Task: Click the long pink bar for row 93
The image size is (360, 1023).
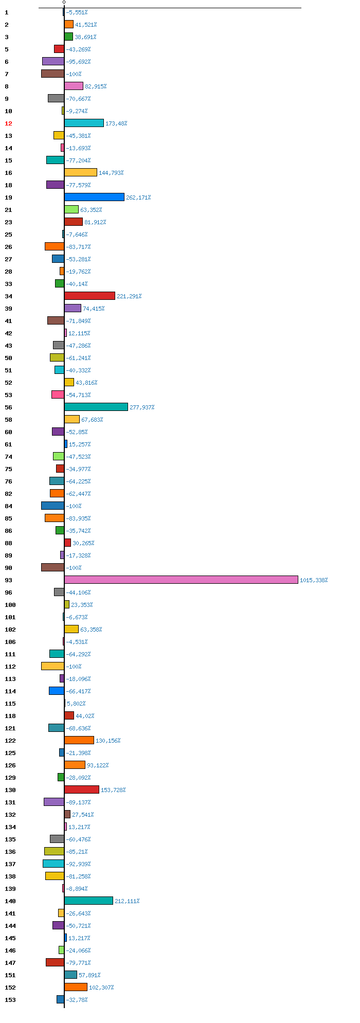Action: pos(181,580)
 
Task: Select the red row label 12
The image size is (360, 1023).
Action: pos(8,123)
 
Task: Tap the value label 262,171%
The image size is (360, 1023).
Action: pos(138,198)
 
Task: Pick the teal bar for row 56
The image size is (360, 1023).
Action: pos(96,407)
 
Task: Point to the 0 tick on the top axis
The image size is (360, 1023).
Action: pos(64,3)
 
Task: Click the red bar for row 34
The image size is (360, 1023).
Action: pos(89,296)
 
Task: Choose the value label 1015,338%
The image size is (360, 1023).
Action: pos(314,580)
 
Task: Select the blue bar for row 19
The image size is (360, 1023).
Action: pos(94,197)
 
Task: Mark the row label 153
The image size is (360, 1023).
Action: pos(10,1000)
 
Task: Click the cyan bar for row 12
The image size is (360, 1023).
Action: pos(84,123)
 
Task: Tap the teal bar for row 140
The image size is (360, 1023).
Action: pos(88,901)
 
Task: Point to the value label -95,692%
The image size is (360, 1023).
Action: pos(78,62)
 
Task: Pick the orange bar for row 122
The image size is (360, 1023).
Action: pos(79,740)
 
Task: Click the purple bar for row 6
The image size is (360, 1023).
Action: pos(53,61)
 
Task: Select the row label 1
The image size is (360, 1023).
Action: pos(7,12)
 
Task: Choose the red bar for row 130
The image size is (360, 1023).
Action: pos(82,789)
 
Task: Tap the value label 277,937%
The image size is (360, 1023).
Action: pos(142,407)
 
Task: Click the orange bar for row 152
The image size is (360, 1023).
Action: pos(76,987)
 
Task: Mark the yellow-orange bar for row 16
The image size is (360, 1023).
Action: pos(81,172)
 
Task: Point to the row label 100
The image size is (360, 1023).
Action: pos(10,605)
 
